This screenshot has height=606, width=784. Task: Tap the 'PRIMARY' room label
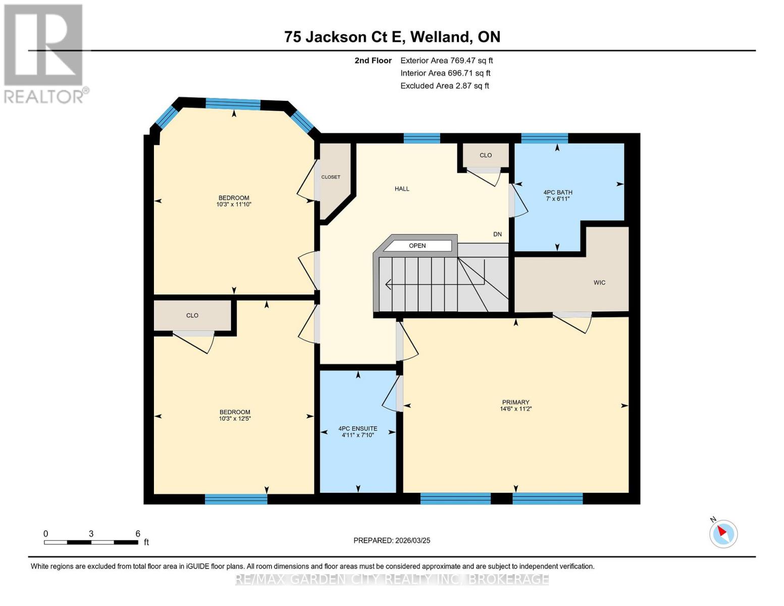pos(515,402)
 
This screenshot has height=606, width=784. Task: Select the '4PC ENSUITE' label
pos(357,429)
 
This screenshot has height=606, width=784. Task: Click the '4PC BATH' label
pos(557,192)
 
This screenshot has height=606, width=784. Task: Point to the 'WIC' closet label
pos(599,283)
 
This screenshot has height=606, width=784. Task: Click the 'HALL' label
pos(402,189)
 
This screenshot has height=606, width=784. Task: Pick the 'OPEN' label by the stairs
pos(417,246)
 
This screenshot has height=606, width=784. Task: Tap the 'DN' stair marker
pos(497,234)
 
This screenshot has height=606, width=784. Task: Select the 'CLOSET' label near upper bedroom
pos(331,177)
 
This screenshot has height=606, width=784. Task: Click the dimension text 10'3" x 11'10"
pos(234,205)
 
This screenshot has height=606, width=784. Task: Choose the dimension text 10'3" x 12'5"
pos(235,419)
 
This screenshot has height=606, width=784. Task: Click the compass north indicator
pos(723,533)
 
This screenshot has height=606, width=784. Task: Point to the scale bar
pos(91,542)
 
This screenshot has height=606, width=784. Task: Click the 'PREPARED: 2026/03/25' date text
pos(392,540)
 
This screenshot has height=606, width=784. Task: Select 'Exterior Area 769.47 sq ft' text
pos(446,61)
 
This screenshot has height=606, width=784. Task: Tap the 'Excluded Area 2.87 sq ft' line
pos(444,86)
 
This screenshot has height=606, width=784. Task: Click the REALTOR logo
pos(44,53)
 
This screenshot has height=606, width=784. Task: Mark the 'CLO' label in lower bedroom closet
pos(192,316)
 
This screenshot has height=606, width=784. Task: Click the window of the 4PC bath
pos(544,138)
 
